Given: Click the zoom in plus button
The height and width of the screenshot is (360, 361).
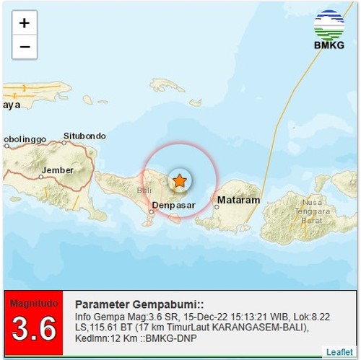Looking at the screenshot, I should click(x=24, y=23).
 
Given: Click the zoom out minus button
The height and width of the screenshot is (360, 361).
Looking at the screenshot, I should click(x=24, y=46).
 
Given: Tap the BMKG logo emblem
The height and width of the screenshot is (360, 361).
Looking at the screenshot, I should click(x=329, y=24).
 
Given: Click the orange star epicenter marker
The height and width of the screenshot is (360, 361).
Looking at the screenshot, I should click(x=179, y=180).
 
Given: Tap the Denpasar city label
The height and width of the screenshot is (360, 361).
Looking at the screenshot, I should click(x=173, y=206).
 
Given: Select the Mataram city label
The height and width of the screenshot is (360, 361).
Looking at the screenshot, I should click(x=238, y=200).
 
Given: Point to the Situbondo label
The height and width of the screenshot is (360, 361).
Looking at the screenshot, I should click(x=84, y=136).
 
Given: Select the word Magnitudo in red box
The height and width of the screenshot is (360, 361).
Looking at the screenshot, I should click(x=33, y=303).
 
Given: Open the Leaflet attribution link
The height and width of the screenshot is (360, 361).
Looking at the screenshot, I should click(x=339, y=352).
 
